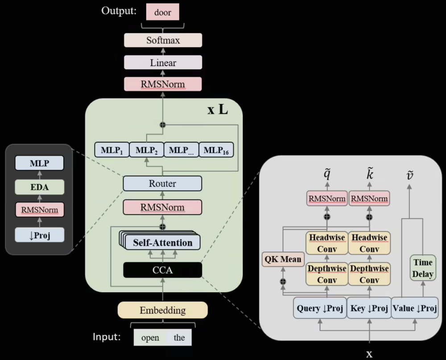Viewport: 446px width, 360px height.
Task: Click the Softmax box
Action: [163, 40]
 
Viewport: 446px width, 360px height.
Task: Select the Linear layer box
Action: [163, 63]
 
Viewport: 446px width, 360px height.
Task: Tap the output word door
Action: [162, 12]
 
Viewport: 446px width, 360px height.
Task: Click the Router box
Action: [162, 183]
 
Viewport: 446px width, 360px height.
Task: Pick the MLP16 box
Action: [216, 150]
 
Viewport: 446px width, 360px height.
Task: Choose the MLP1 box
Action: [111, 150]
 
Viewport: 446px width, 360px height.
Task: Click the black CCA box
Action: [162, 269]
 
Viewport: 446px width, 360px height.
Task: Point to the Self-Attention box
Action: [162, 243]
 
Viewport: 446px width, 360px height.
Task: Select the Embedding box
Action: [162, 310]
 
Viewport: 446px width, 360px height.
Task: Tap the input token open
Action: [150, 338]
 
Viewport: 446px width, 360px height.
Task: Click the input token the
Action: [179, 338]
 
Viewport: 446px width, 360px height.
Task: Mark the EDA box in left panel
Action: [40, 188]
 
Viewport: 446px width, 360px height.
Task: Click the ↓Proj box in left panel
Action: [40, 235]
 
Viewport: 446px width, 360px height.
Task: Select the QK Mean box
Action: [282, 259]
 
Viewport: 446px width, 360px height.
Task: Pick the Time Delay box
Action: [422, 268]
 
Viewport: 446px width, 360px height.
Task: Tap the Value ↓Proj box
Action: [414, 309]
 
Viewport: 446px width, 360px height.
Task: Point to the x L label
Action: [218, 109]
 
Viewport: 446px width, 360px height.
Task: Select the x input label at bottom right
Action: [369, 354]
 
